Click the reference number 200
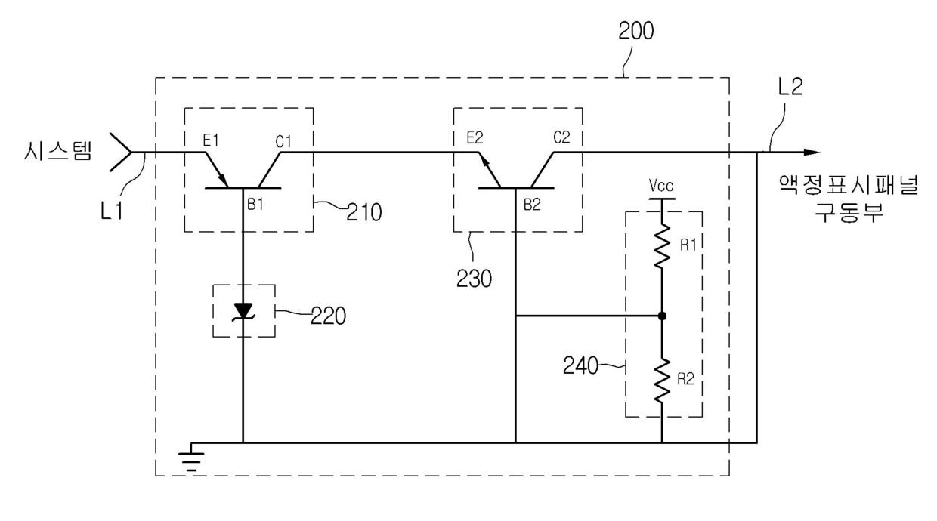pyautogui.click(x=635, y=31)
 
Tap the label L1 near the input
pyautogui.click(x=112, y=211)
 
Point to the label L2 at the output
pyautogui.click(x=790, y=87)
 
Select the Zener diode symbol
pyautogui.click(x=243, y=312)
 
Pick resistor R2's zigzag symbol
pyautogui.click(x=662, y=381)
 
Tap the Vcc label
pyautogui.click(x=661, y=185)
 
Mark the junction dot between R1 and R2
pyautogui.click(x=662, y=316)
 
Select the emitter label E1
pyautogui.click(x=210, y=140)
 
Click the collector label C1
pyautogui.click(x=283, y=142)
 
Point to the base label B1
pyautogui.click(x=255, y=204)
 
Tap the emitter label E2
pyautogui.click(x=475, y=137)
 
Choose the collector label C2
pyautogui.click(x=561, y=137)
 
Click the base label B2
pyautogui.click(x=532, y=205)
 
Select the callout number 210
pyautogui.click(x=364, y=212)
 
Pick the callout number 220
pyautogui.click(x=329, y=316)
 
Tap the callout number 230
pyautogui.click(x=474, y=279)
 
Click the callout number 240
pyautogui.click(x=580, y=366)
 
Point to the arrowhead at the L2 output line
pyautogui.click(x=812, y=153)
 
